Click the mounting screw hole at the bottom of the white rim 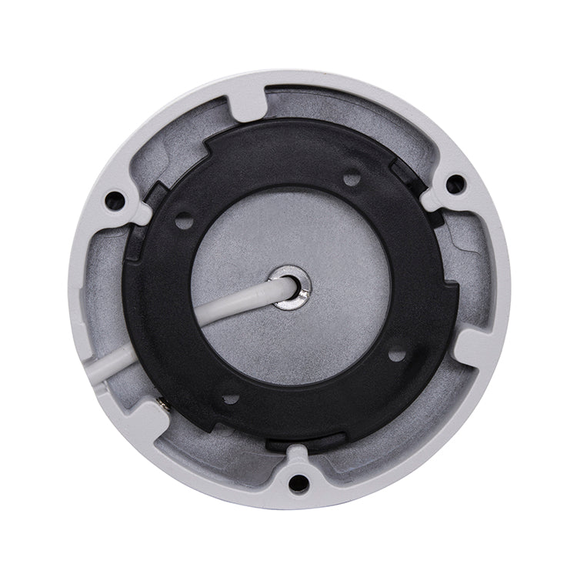[299, 483]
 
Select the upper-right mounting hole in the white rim [455, 184]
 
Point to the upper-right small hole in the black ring [352, 179]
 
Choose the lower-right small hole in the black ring [396, 355]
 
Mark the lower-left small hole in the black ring [230, 399]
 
